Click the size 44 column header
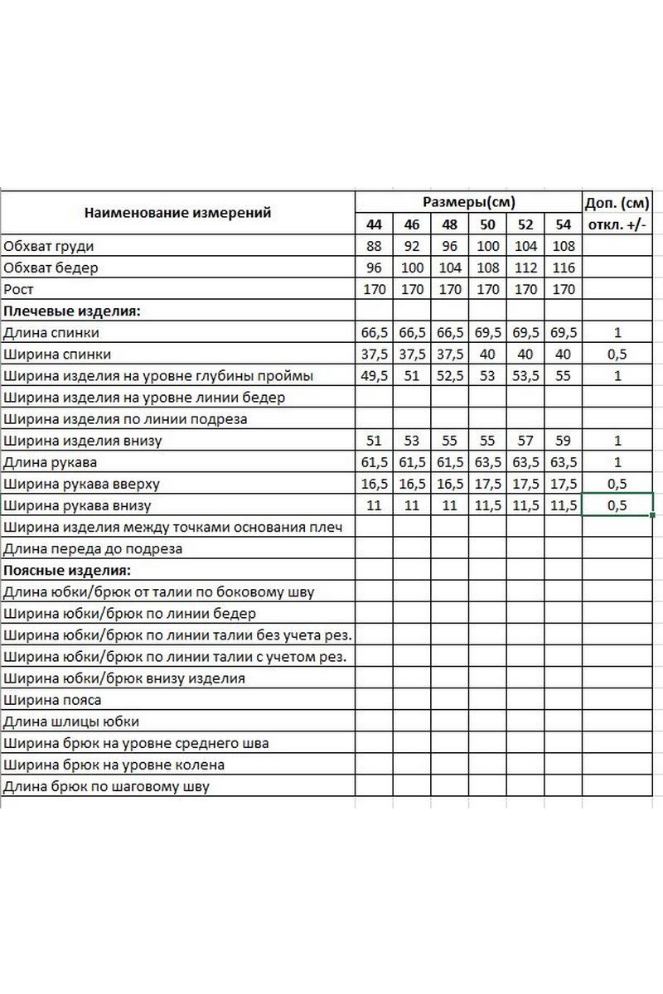(375, 224)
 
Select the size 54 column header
(564, 224)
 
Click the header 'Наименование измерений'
(177, 213)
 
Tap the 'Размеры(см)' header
(468, 202)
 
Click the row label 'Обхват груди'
(49, 246)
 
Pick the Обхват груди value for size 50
(488, 246)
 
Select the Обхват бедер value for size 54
(564, 268)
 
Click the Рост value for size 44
(375, 289)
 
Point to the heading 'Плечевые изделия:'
(73, 311)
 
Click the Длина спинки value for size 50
(488, 332)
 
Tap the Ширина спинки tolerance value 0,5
(617, 354)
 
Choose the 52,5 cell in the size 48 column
(450, 375)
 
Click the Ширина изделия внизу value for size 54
(564, 440)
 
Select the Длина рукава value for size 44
(375, 461)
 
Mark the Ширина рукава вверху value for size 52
(525, 483)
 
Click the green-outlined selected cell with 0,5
(617, 504)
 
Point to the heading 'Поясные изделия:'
(68, 570)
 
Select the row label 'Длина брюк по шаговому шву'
(107, 786)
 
